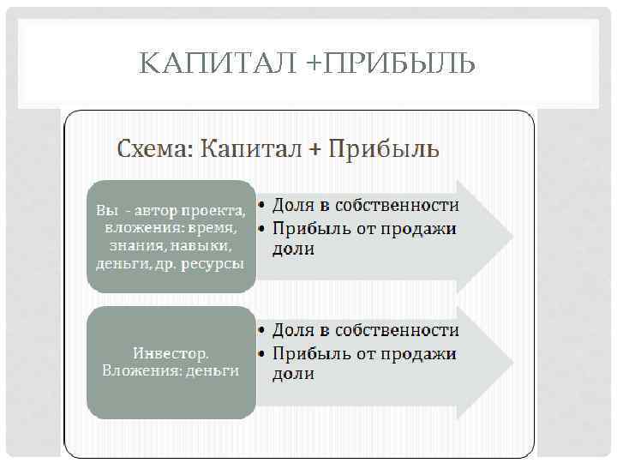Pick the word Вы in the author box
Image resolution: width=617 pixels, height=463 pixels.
(105, 210)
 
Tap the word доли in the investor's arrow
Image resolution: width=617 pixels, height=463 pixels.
(293, 375)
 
